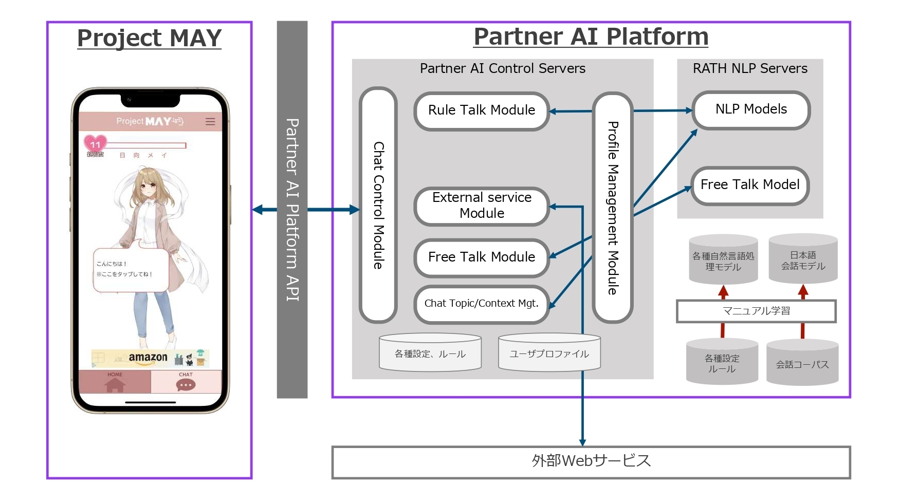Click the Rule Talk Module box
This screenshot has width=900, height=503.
click(482, 111)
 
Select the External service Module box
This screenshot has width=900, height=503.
click(482, 206)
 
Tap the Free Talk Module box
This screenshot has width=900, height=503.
click(482, 257)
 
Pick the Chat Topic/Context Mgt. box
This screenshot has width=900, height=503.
click(482, 304)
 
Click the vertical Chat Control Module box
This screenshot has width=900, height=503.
click(378, 206)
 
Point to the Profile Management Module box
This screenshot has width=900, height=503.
click(612, 208)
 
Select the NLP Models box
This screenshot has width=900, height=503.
click(751, 110)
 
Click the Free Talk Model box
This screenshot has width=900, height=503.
click(750, 185)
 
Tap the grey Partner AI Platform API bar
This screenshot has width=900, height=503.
click(292, 209)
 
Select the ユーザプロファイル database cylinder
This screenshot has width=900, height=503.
click(549, 353)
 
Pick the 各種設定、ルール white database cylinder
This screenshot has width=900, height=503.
click(430, 353)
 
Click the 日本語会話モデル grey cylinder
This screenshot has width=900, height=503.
click(803, 260)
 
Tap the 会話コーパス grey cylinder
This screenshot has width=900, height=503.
click(802, 364)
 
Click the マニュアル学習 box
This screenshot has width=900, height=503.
click(756, 311)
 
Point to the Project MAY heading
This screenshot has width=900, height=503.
click(149, 39)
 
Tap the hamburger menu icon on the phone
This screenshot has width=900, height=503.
click(210, 122)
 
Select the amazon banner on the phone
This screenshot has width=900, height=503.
click(150, 358)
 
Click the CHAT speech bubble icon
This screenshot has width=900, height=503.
click(186, 385)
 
